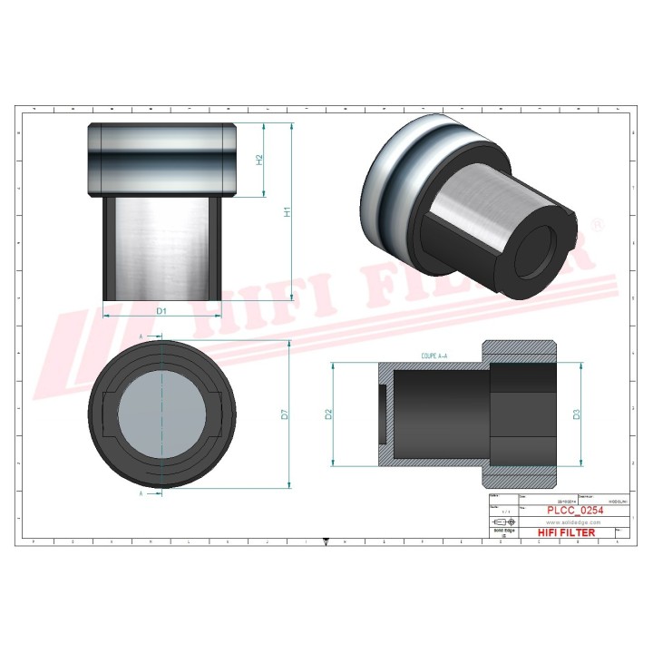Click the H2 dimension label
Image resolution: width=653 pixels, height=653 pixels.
pos(260,160)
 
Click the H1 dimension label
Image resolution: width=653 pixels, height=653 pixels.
pos(288,212)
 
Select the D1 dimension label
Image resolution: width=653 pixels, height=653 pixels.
pos(161,311)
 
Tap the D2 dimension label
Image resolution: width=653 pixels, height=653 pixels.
pos(330,414)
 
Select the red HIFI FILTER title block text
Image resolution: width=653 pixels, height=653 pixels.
pos(567,532)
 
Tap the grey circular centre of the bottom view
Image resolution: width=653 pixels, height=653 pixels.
pos(161,414)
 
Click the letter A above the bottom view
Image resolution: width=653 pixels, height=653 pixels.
pos(141,336)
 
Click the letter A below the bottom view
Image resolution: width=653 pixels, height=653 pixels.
pos(141,495)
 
